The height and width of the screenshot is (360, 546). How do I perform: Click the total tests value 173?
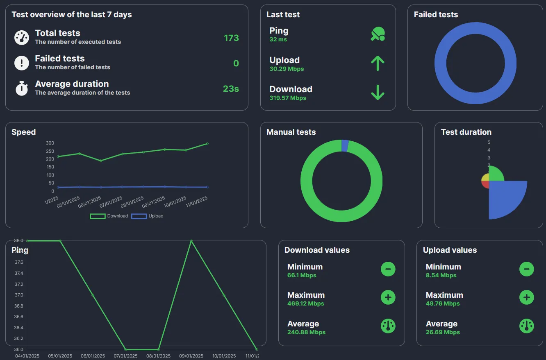(231, 38)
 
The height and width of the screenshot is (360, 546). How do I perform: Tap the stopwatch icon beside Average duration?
(22, 88)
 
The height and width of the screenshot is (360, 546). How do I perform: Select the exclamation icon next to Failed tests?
(22, 63)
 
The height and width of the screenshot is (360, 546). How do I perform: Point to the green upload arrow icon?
(378, 63)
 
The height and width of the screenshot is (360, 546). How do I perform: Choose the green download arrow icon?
(378, 93)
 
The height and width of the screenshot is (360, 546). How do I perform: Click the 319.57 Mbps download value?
(288, 98)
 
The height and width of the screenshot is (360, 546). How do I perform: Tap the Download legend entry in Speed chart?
(109, 216)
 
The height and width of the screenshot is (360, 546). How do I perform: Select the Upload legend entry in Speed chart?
(148, 216)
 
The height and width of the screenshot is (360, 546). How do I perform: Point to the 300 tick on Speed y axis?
(50, 143)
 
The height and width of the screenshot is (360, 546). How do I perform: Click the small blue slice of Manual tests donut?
(345, 146)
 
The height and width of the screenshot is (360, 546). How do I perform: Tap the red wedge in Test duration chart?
(485, 184)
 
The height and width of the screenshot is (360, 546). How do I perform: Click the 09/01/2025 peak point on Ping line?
(191, 241)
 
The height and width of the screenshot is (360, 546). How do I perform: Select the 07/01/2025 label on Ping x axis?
(125, 356)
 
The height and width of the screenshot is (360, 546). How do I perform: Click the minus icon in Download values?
(388, 269)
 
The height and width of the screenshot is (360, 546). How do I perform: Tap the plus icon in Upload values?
(526, 297)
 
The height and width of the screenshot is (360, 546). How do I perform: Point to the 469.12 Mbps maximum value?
(305, 303)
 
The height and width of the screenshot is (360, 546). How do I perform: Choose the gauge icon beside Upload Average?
(526, 326)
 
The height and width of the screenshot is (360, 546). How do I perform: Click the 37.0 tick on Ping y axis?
(19, 295)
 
